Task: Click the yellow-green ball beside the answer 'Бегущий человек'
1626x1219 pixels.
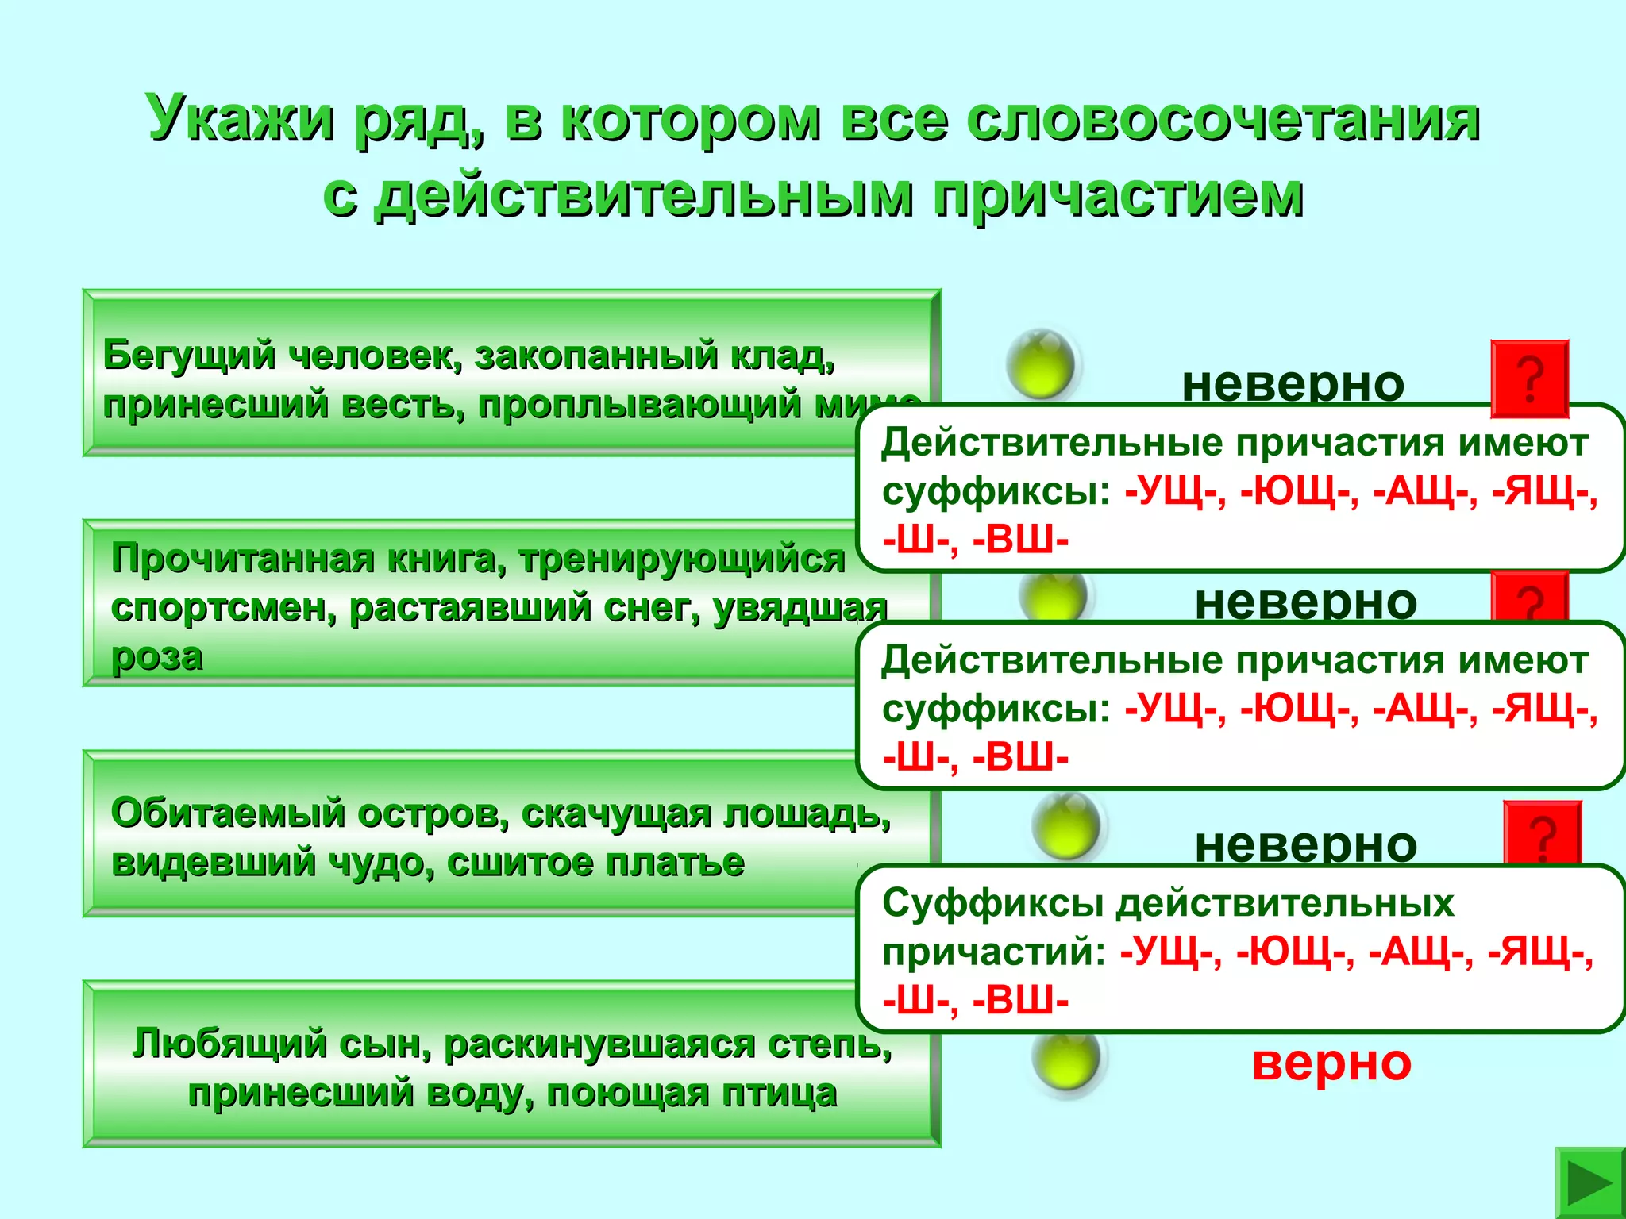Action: click(1040, 364)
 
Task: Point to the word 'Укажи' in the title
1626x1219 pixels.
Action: click(240, 119)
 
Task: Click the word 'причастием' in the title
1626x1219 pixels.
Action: click(1117, 195)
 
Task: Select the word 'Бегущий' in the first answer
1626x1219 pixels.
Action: click(189, 355)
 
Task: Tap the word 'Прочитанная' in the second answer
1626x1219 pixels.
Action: click(243, 559)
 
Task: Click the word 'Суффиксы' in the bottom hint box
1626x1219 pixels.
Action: click(992, 903)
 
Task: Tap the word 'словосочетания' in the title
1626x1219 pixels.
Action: click(1223, 119)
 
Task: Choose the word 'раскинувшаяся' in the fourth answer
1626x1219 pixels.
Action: click(599, 1044)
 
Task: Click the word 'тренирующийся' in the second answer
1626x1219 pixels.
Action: click(683, 559)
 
